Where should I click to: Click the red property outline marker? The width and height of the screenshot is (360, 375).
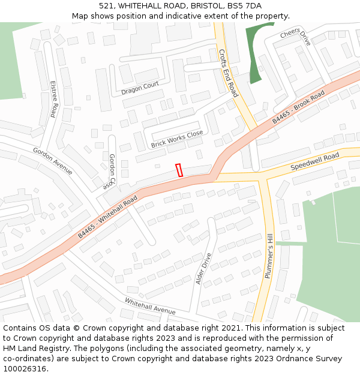coord(179,170)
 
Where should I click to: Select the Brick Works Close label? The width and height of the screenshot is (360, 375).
coord(177,139)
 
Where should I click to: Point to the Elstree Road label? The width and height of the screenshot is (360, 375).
coord(53,99)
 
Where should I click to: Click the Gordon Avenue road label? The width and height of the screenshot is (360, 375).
coord(52,161)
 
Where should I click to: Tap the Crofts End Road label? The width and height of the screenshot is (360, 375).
coord(228,73)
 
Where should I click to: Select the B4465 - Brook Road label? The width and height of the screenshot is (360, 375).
coord(298,107)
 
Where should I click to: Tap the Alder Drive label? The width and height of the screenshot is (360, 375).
coord(204,268)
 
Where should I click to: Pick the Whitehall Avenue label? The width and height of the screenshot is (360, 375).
coord(150,306)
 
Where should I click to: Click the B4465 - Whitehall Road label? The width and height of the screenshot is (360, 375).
coord(107,217)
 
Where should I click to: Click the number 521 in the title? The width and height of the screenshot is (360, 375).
coord(107,5)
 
